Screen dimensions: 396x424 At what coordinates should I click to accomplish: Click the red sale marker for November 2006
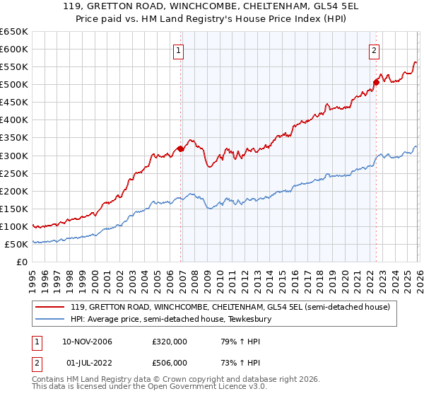click(x=180, y=148)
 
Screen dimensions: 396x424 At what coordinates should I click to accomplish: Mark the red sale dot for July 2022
click(x=376, y=82)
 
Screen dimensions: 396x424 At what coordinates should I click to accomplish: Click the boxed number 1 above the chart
click(x=179, y=50)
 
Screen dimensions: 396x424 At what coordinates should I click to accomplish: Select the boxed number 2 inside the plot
click(x=374, y=50)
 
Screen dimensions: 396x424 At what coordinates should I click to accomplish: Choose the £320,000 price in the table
click(x=170, y=342)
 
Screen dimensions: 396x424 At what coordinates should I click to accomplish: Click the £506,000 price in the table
click(x=170, y=363)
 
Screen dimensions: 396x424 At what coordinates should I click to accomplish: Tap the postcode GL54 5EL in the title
click(x=325, y=8)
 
